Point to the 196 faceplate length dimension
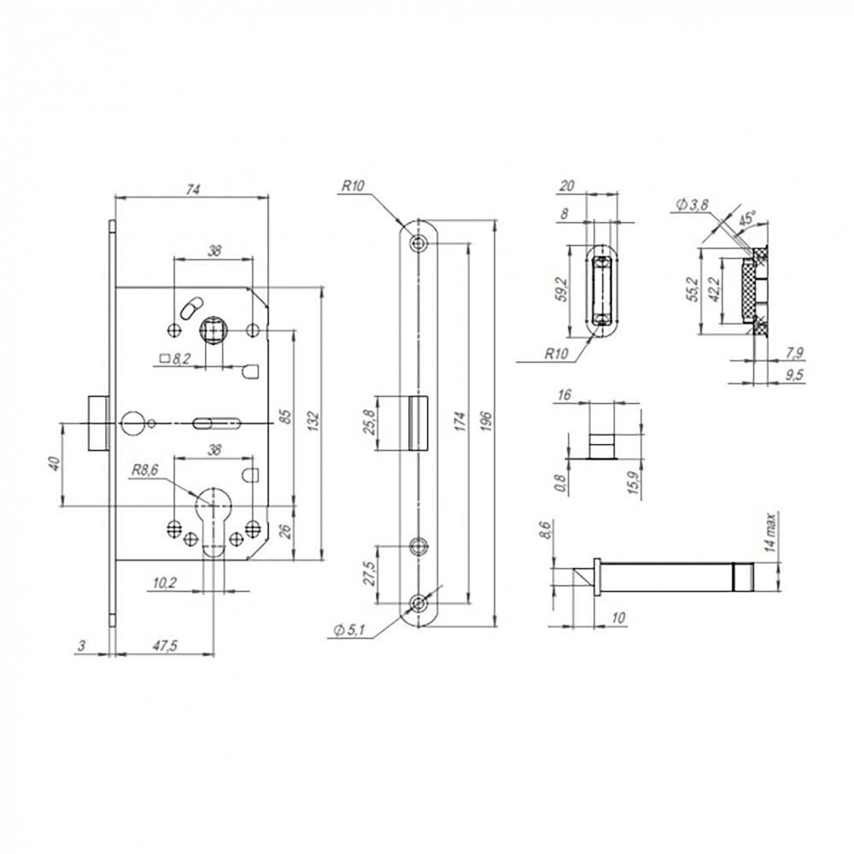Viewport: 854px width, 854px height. pyautogui.click(x=487, y=420)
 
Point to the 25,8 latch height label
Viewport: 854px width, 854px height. pyautogui.click(x=366, y=422)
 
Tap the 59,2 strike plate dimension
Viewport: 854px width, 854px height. pyautogui.click(x=560, y=288)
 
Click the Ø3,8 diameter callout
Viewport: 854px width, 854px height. pyautogui.click(x=693, y=204)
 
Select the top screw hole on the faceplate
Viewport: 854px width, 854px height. pyautogui.click(x=418, y=243)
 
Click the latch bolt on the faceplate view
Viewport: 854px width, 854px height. pyautogui.click(x=412, y=422)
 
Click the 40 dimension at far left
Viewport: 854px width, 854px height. pyautogui.click(x=55, y=464)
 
